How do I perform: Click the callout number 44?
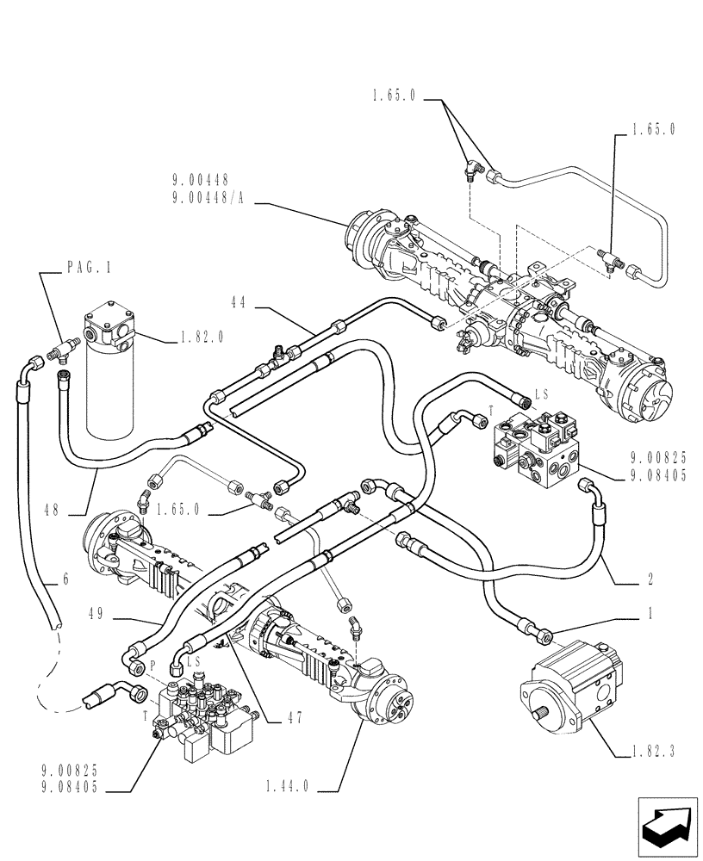tap(239, 302)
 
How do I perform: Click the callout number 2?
tap(650, 579)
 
